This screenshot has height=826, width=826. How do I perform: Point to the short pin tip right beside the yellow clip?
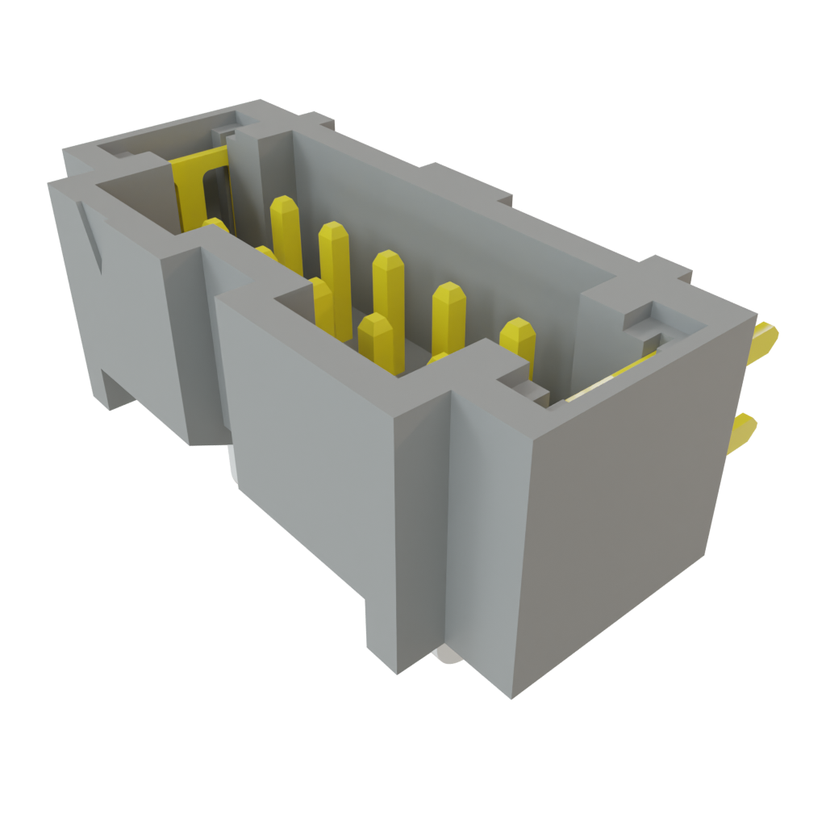[215, 225]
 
